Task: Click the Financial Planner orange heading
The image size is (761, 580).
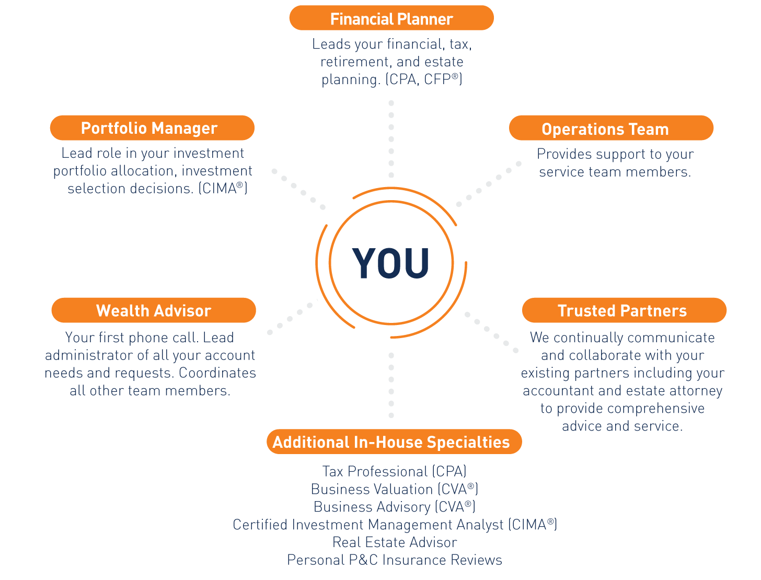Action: click(x=391, y=19)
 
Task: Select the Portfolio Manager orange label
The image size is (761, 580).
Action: click(x=152, y=128)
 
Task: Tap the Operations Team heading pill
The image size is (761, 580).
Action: click(x=611, y=129)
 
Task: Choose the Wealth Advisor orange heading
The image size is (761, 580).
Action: click(x=154, y=310)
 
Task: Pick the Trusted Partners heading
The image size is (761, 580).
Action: click(x=624, y=310)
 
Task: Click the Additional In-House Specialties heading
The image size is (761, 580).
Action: click(x=394, y=442)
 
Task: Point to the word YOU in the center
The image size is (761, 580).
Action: click(x=391, y=262)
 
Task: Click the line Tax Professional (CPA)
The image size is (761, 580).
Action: click(x=394, y=471)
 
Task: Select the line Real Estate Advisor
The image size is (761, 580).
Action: click(x=395, y=542)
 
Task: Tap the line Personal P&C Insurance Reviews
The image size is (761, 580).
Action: click(x=395, y=560)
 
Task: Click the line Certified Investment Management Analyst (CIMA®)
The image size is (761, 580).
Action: click(x=395, y=525)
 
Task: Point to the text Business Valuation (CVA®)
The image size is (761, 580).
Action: click(x=395, y=489)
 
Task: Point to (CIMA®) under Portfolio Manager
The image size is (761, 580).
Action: click(x=223, y=188)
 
